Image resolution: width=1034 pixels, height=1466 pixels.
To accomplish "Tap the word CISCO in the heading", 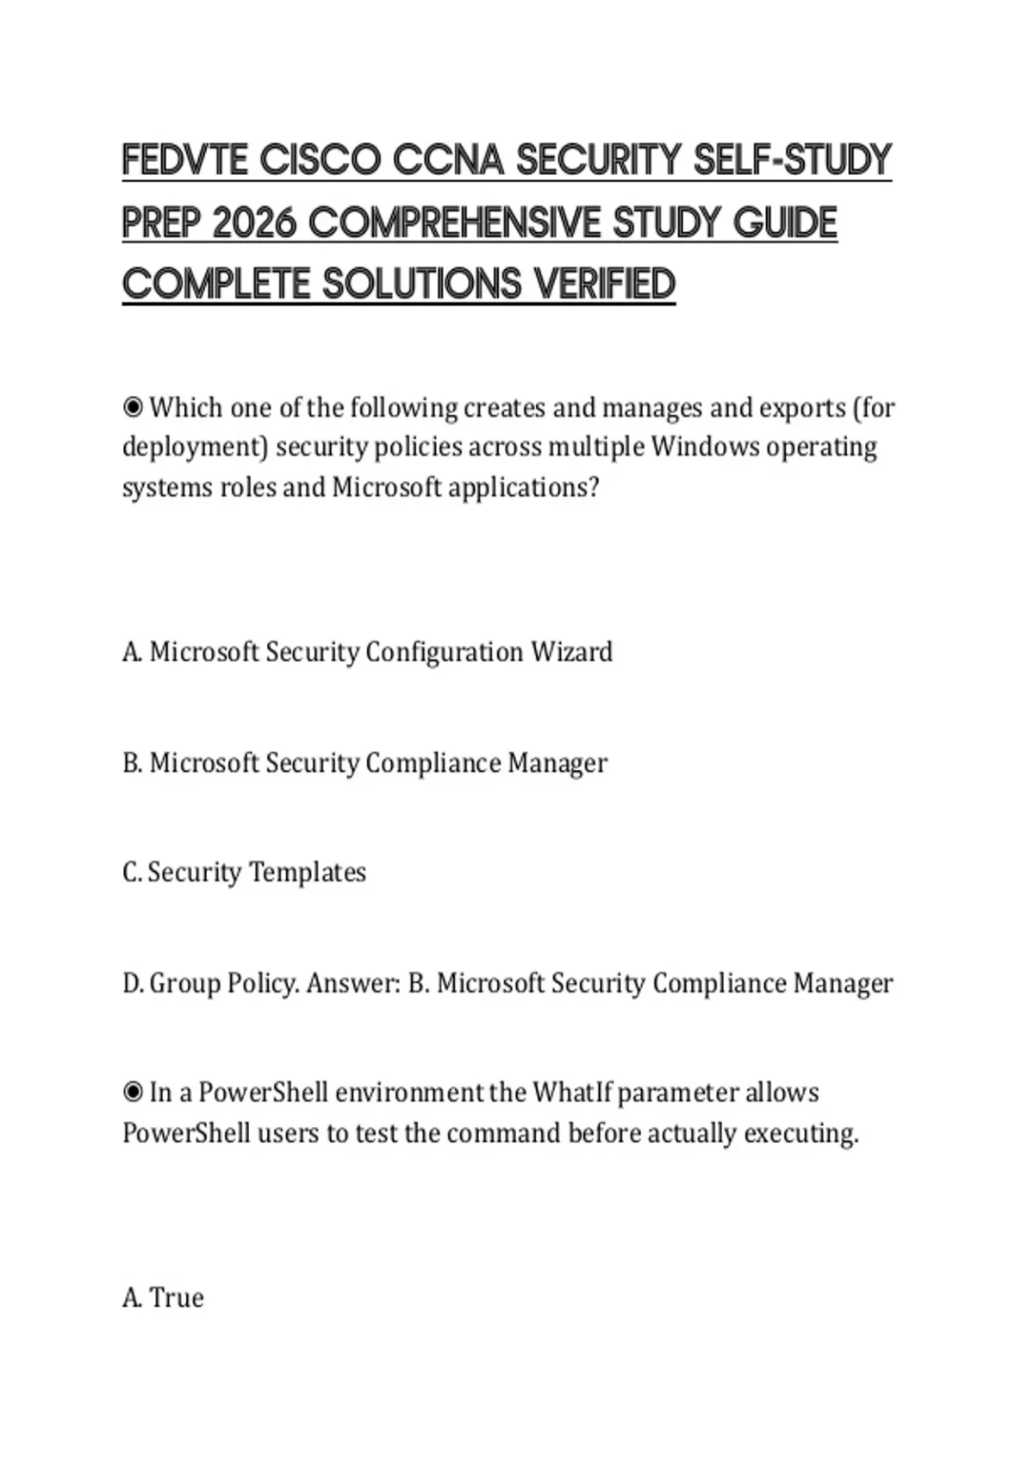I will [x=319, y=160].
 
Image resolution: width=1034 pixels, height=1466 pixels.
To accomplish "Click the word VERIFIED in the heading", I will [x=603, y=285].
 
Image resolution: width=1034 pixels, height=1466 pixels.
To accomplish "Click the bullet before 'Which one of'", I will [x=133, y=406].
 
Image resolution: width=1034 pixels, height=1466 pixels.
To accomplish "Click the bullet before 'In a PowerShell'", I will [x=133, y=1093].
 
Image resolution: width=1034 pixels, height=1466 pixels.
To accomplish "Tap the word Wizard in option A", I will [x=571, y=652].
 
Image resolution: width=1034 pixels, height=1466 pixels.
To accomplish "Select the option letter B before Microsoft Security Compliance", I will [x=131, y=763].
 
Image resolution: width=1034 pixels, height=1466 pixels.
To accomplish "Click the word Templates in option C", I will [x=308, y=873].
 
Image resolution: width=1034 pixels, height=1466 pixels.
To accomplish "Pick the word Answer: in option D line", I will [x=353, y=983].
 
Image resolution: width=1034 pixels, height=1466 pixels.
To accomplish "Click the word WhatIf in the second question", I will [x=571, y=1093].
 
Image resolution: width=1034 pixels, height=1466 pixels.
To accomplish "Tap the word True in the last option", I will [x=177, y=1298].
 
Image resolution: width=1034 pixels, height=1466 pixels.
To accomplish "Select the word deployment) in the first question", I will [x=196, y=448].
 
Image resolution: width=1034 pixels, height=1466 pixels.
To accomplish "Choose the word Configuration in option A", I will [x=444, y=653].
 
